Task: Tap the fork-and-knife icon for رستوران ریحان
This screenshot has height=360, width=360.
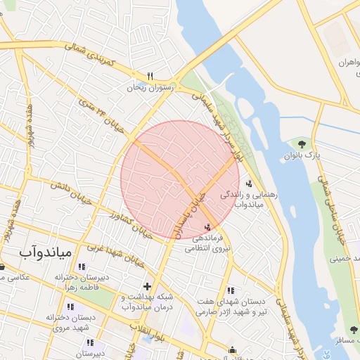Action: tap(150, 76)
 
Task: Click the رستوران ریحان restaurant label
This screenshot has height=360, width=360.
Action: tap(146, 88)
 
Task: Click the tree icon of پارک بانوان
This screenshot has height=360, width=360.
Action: tap(302, 144)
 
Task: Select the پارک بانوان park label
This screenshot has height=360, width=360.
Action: tap(302, 155)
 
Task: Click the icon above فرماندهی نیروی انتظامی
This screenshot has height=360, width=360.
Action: tap(207, 227)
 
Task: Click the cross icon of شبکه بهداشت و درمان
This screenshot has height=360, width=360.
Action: tap(147, 286)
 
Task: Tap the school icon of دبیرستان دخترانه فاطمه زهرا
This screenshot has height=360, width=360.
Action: tap(82, 267)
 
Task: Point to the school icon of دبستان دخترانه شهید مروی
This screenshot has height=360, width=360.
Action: tap(70, 307)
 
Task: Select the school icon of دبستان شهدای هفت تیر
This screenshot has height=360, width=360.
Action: tap(231, 290)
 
